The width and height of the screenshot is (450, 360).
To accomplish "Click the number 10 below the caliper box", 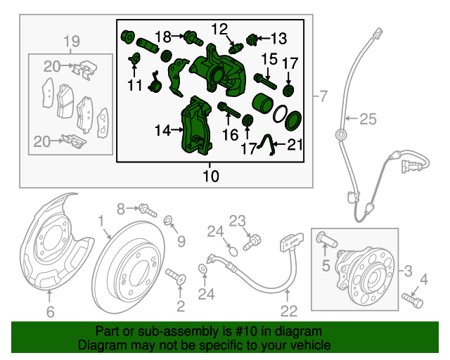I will click(211, 175).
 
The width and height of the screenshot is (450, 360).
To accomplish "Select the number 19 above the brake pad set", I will click(72, 41).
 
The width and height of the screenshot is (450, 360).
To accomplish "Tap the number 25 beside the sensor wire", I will click(368, 120).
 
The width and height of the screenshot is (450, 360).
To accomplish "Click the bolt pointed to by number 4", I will click(413, 300).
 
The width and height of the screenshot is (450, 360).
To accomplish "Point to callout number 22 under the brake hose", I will click(290, 309).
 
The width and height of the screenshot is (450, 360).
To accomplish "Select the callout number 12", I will click(219, 29).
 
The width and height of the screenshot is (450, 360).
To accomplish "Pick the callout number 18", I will click(162, 37).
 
